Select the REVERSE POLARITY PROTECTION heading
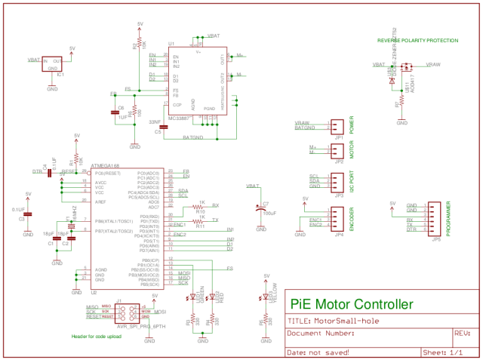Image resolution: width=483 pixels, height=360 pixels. (x=417, y=40)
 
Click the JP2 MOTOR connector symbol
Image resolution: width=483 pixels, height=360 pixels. (x=339, y=151)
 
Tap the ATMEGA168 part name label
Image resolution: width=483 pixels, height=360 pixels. (x=105, y=165)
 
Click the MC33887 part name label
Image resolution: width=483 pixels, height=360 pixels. (x=179, y=118)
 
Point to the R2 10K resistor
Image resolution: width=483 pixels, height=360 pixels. (x=140, y=47)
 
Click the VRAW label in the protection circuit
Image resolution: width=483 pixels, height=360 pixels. (x=433, y=66)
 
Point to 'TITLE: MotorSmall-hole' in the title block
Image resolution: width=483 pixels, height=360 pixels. (x=331, y=320)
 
